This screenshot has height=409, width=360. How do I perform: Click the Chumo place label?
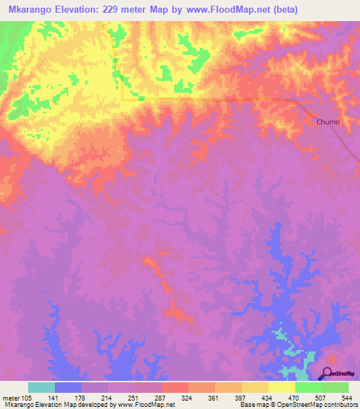tap(328, 122)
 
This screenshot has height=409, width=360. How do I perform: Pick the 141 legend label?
tap(55, 398)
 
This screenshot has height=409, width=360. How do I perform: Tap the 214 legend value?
tap(108, 398)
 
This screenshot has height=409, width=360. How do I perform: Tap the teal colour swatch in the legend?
tap(41, 387)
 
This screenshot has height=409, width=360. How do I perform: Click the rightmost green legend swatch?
tap(335, 387)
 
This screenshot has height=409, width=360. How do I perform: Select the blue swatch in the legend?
tap(68, 387)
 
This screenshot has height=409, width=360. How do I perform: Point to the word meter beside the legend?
tap(11, 398)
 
